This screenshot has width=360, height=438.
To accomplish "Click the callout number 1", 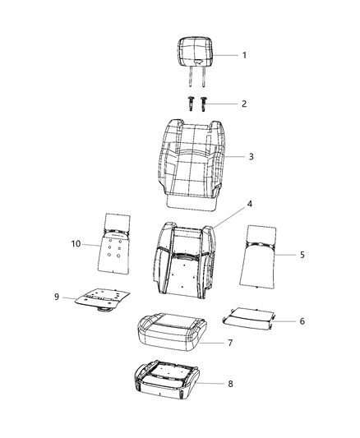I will [x=244, y=55].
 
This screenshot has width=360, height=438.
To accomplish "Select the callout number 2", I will [x=244, y=104].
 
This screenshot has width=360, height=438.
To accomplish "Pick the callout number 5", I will [x=302, y=256].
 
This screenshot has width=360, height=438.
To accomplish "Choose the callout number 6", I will [x=302, y=320].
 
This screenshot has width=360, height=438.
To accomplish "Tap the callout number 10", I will [x=75, y=243].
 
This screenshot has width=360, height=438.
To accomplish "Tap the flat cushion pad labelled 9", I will [x=101, y=297].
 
